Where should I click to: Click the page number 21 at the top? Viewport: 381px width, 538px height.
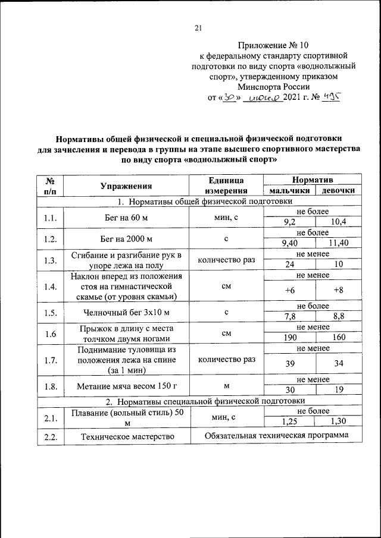point(199,27)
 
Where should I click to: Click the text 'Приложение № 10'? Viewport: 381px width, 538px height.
point(273,45)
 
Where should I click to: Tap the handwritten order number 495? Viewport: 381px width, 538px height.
point(330,97)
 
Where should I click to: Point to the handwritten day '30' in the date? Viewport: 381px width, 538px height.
point(227,97)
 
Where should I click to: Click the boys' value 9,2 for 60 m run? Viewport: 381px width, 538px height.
point(290,222)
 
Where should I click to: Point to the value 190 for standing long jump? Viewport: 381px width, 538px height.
point(290,338)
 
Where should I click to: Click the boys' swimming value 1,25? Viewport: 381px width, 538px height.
point(290,421)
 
